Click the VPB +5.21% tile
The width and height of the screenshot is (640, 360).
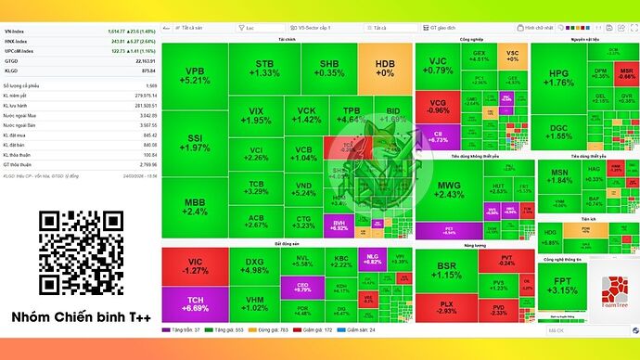[x=194, y=76]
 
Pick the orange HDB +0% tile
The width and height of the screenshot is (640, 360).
[x=384, y=68]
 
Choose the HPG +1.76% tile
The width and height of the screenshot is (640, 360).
[x=557, y=77]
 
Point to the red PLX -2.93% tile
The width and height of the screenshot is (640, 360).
[x=446, y=307]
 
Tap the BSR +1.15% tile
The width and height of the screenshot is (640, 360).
[x=447, y=270]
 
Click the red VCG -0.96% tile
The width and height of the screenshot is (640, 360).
[x=438, y=106]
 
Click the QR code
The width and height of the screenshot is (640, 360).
[x=80, y=253]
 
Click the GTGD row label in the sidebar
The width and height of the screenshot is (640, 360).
[x=12, y=60]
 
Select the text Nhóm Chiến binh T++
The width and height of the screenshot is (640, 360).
[x=80, y=317]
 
